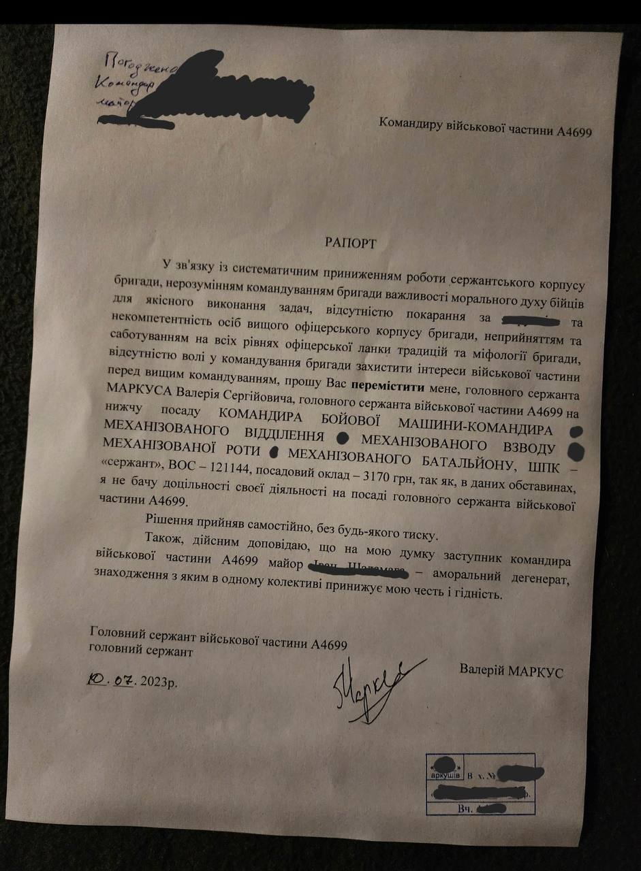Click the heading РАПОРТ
tap(348, 242)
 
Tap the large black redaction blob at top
tap(225, 95)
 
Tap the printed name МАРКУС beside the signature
tap(537, 672)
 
